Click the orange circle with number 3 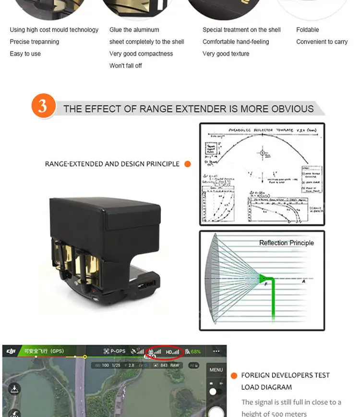(x=43, y=106)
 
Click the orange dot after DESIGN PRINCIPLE (x=188, y=164)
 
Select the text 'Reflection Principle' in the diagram (x=286, y=243)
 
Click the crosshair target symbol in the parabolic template (x=262, y=154)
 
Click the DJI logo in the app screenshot (x=11, y=352)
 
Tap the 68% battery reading (x=195, y=352)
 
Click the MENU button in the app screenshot (x=216, y=370)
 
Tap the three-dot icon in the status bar (x=216, y=351)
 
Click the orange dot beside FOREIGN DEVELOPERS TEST (x=234, y=376)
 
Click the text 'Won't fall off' (x=125, y=66)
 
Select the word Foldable (x=307, y=30)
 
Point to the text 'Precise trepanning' (x=34, y=42)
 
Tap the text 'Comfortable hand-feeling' (x=236, y=42)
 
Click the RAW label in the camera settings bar (x=175, y=366)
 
